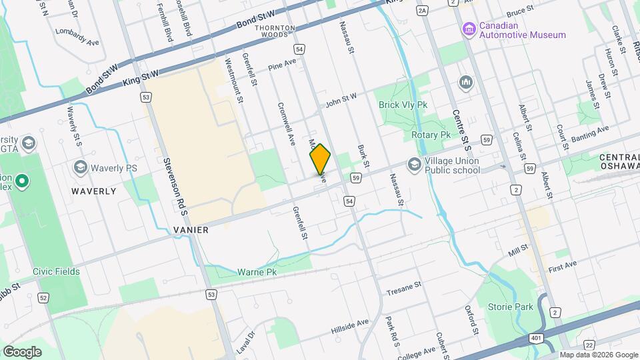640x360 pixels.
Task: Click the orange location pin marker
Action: (x=320, y=159)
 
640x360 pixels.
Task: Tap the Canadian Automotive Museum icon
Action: (x=469, y=29)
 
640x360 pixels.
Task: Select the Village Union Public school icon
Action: (x=414, y=164)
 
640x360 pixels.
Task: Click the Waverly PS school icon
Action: (x=81, y=167)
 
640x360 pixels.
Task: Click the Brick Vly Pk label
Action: (x=403, y=105)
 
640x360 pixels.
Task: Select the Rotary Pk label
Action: (x=431, y=135)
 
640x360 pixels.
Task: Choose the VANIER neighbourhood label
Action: (x=191, y=229)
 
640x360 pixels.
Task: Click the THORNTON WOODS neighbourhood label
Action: (x=275, y=32)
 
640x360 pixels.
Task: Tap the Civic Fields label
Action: (x=56, y=271)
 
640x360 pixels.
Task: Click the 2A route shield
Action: (x=421, y=11)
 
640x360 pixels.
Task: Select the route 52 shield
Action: (x=43, y=298)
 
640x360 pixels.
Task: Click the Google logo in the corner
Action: (x=22, y=351)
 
